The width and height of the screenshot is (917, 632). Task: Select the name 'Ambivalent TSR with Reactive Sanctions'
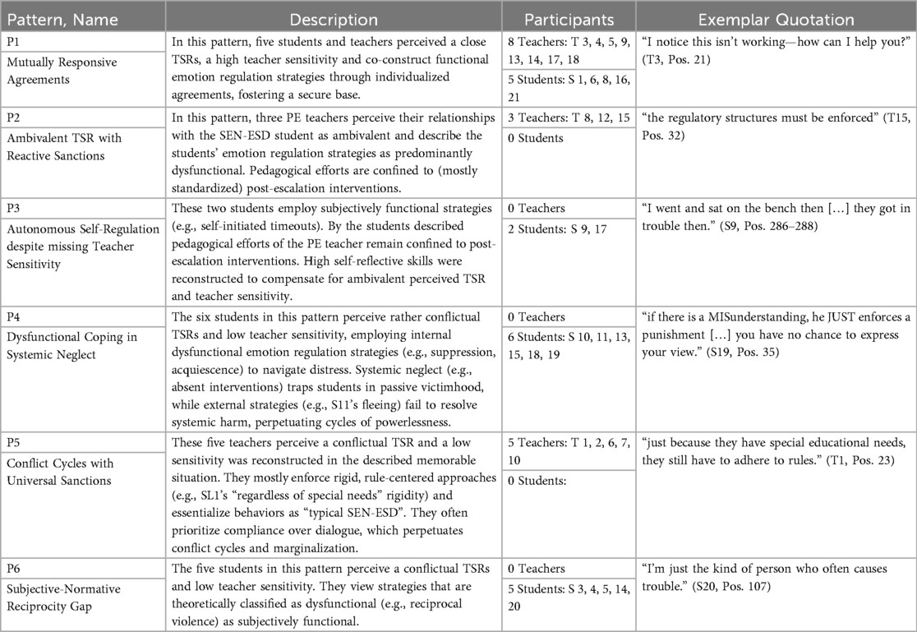[66, 145]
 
